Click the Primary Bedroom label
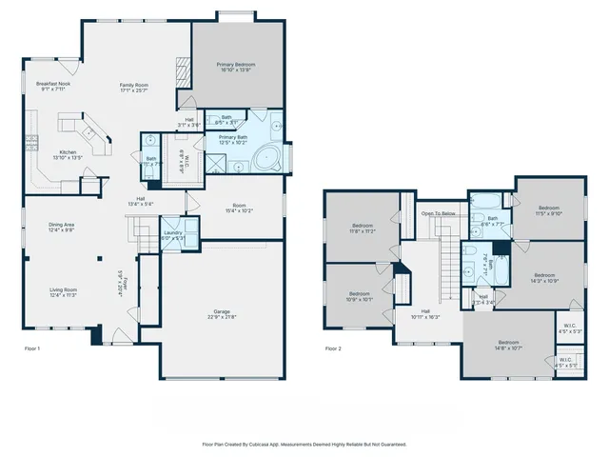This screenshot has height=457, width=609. pos(236,67)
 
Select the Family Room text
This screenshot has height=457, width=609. pos(134,87)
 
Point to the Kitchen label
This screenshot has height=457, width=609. pos(69,154)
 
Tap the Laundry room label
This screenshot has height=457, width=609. pos(173,234)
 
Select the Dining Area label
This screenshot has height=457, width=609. pos(62,227)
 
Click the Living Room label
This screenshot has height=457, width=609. pos(65,292)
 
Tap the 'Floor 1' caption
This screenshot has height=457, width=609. pos(32,348)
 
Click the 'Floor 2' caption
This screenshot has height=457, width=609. pos(333,348)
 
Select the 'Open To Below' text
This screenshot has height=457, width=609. pos(438,214)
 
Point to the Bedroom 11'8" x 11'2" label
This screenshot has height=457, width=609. pos(359,228)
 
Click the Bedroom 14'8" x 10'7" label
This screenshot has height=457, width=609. pos(507,345)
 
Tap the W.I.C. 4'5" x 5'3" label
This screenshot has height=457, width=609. pos(569,328)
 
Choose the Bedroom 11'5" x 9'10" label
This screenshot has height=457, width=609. pos(549,210)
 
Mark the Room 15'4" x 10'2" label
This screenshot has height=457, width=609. pos(240,209)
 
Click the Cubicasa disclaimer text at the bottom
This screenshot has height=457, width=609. pos(304,444)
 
